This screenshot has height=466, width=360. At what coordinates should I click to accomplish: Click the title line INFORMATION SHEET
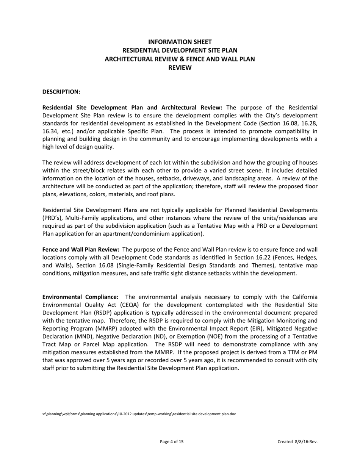(180, 42)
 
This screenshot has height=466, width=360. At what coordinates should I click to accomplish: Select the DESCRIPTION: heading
(61, 92)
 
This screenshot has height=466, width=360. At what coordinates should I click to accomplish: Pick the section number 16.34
(51, 131)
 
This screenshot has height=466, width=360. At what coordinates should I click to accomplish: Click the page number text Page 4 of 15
(172, 442)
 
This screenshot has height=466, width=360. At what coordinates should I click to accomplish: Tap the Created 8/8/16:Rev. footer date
(297, 442)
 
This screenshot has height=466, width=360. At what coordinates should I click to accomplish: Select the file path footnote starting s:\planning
(139, 414)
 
